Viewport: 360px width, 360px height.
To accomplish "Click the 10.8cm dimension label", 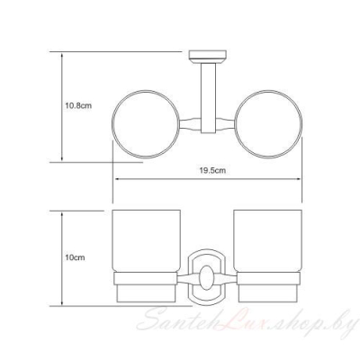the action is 78,105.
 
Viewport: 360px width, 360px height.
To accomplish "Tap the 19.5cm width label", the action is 212,171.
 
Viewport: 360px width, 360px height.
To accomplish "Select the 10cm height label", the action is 75,257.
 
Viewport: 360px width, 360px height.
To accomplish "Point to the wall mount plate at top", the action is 207,54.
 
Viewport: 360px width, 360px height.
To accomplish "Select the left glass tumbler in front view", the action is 146,241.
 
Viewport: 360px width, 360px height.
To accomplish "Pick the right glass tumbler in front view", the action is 267,241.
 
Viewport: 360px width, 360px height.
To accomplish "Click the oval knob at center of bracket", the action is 206,277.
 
